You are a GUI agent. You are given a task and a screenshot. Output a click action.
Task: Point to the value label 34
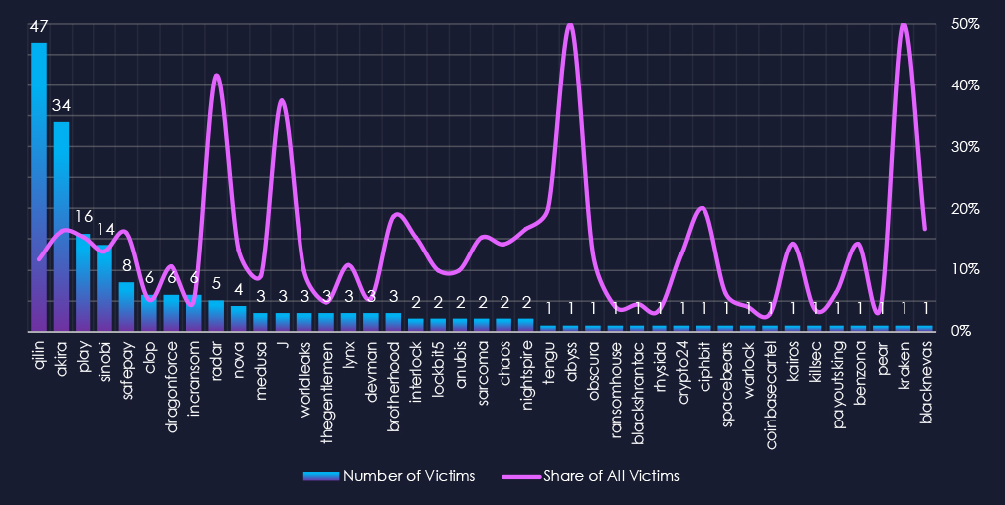61,106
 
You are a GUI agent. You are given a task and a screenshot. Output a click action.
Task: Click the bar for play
83,282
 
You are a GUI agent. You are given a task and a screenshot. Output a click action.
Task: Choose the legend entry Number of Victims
389,476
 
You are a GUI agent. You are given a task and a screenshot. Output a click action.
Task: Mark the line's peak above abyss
570,25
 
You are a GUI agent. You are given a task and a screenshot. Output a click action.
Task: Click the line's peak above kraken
904,25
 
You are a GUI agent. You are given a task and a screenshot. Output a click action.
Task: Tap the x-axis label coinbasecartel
770,383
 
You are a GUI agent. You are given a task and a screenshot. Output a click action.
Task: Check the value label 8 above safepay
127,266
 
